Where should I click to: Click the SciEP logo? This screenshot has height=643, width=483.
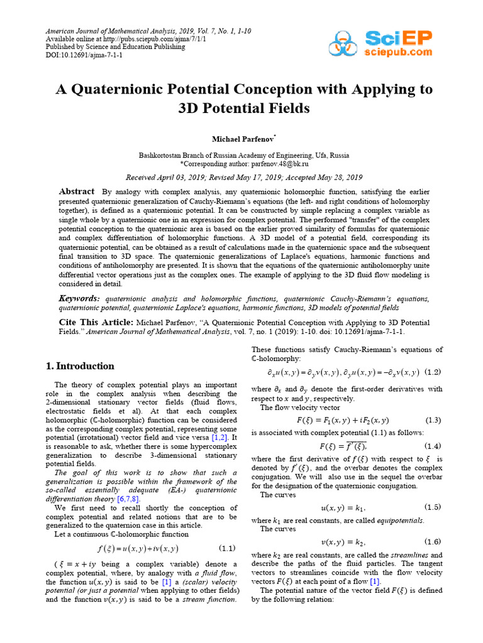380,43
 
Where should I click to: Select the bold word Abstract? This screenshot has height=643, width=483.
77,192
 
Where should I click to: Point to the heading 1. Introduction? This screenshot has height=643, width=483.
80,366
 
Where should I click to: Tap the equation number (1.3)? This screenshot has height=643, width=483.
433,420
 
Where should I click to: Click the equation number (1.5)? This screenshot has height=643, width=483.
433,507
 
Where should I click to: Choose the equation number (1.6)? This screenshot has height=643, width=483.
433,541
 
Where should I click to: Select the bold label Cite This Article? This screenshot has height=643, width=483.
96,321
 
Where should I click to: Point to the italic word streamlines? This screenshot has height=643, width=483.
408,555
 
